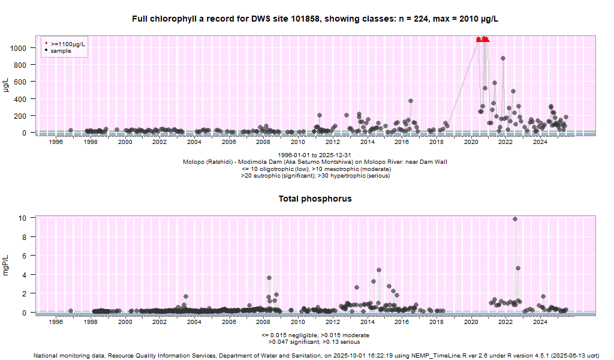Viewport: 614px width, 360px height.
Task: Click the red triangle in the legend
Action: [x=46, y=44]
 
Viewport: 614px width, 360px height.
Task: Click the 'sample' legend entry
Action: [x=61, y=51]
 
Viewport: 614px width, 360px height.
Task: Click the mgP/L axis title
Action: [x=7, y=265]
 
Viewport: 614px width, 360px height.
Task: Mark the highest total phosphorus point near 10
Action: [x=515, y=219]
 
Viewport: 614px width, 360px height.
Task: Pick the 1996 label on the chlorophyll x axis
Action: [x=56, y=142]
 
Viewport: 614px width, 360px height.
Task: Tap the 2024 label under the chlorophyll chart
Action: [x=540, y=142]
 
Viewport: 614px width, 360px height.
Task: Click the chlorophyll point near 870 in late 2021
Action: [x=503, y=58]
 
